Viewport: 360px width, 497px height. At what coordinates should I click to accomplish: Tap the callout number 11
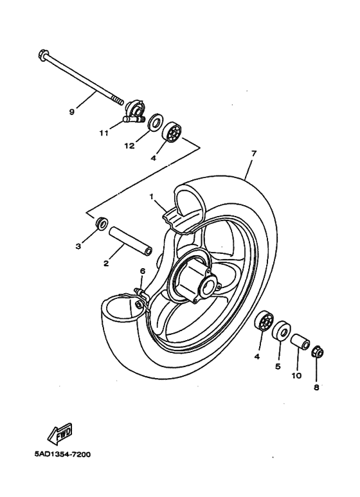tap(104, 133)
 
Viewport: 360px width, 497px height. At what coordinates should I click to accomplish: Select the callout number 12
tap(129, 146)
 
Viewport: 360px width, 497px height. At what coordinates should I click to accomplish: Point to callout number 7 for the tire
tap(254, 154)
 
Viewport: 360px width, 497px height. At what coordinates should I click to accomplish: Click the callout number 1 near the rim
tap(152, 195)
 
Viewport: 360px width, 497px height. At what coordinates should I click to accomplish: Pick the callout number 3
tap(78, 246)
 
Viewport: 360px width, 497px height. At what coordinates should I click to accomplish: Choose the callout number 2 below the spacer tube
tap(105, 264)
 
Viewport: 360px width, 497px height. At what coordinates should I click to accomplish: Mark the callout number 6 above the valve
tap(143, 272)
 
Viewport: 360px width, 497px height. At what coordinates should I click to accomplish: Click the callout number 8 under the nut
tap(316, 388)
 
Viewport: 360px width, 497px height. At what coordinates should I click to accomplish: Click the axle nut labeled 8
tap(317, 352)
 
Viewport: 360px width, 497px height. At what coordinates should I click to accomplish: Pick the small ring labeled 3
tap(101, 224)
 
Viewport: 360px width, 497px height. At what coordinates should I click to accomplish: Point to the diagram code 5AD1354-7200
tap(62, 455)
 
